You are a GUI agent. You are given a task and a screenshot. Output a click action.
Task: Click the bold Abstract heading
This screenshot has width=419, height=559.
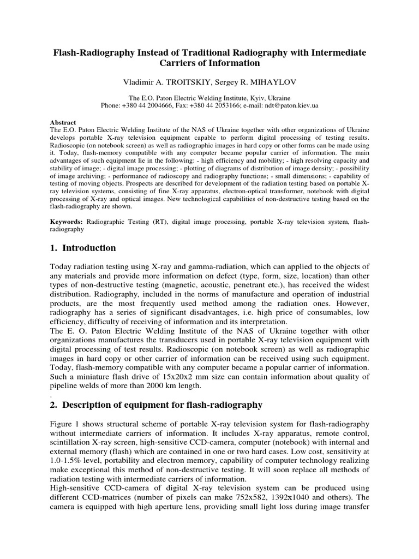click(63, 123)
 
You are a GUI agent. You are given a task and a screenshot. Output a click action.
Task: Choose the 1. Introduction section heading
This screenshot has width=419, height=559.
click(83, 248)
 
